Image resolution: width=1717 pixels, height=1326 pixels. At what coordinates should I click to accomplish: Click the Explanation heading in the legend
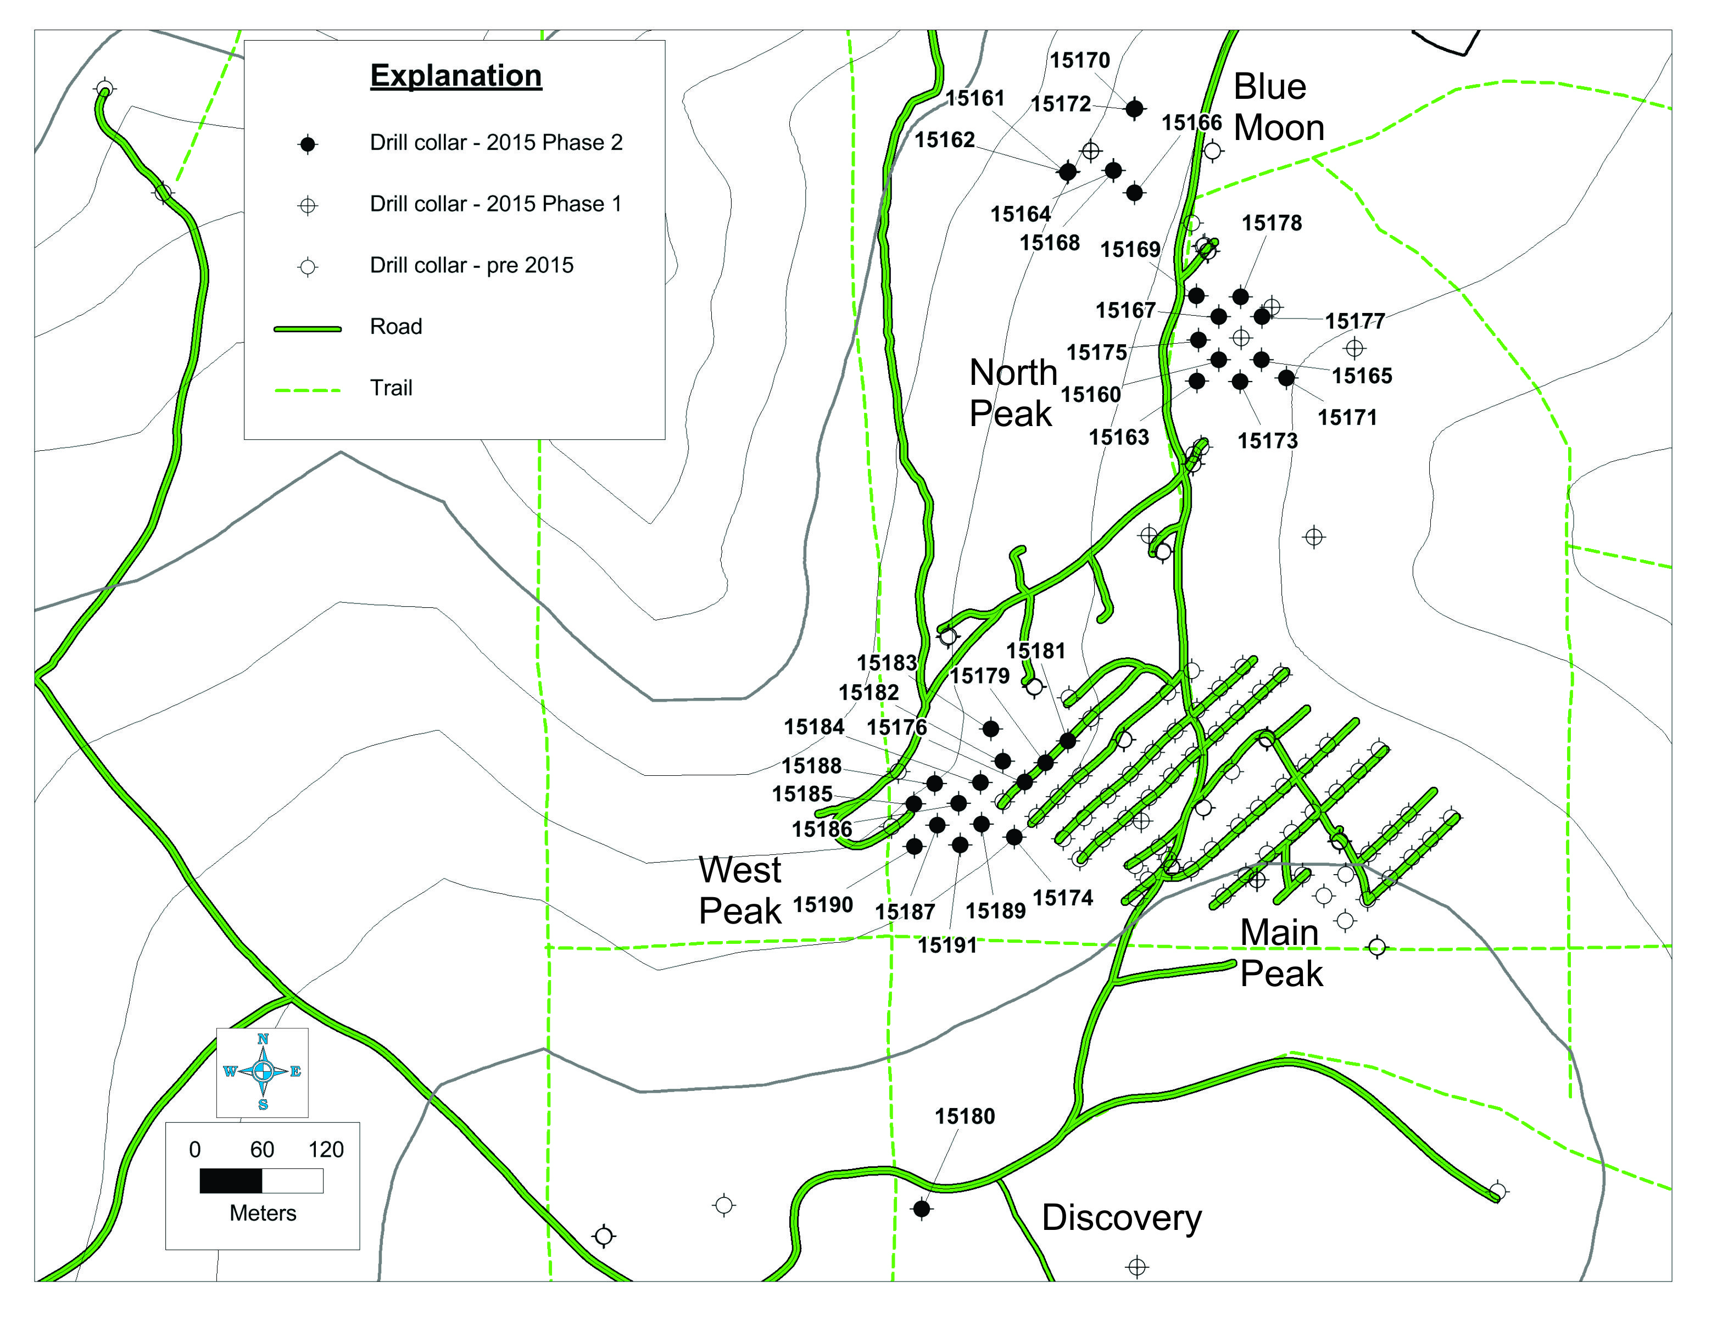click(456, 76)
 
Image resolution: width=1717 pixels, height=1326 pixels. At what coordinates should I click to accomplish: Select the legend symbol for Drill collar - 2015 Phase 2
click(308, 144)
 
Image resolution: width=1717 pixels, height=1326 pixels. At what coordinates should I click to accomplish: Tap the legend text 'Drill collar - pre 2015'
click(472, 266)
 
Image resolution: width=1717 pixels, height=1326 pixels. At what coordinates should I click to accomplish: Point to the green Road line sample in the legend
click(308, 328)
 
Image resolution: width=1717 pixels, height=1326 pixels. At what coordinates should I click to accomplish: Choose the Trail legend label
click(391, 388)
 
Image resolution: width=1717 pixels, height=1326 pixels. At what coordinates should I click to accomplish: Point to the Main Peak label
click(1281, 953)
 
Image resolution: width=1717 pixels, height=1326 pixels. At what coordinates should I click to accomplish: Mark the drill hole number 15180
click(965, 1116)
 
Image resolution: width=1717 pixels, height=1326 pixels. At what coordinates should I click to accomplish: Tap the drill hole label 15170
click(1079, 60)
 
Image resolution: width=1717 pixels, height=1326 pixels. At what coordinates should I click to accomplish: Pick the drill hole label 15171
click(1347, 417)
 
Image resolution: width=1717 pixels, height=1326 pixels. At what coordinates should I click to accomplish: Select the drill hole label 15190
click(822, 905)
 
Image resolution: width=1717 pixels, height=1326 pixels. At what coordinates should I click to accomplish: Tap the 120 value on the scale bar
click(326, 1150)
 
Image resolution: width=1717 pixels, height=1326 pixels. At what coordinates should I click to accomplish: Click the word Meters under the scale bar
click(263, 1213)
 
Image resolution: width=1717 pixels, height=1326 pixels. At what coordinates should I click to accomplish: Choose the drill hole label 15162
click(944, 140)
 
